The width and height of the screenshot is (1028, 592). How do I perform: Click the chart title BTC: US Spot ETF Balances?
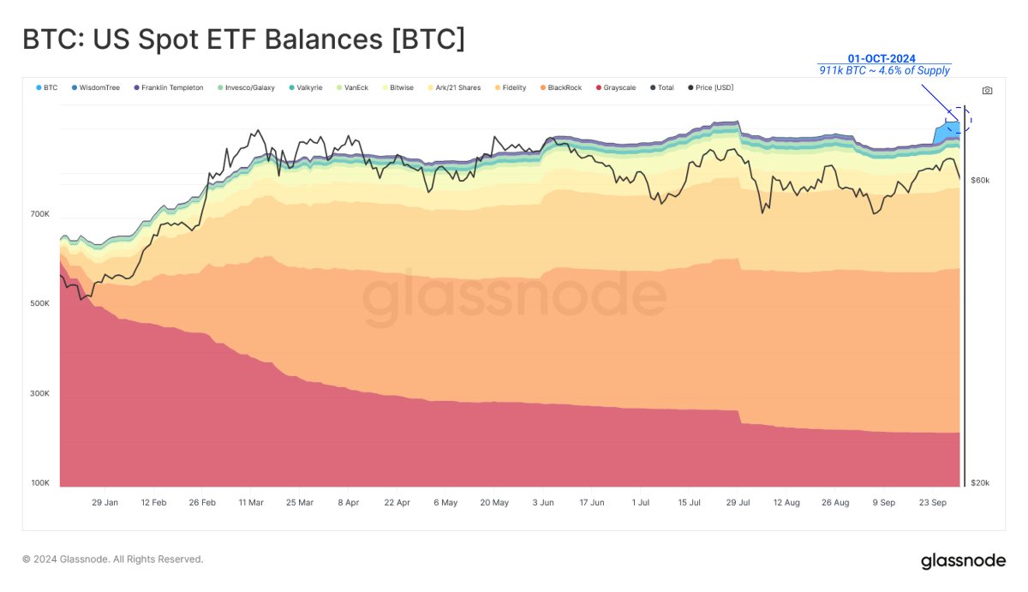click(243, 40)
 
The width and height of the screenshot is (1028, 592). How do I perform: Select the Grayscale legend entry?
click(616, 87)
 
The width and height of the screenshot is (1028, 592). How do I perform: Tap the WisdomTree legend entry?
click(96, 87)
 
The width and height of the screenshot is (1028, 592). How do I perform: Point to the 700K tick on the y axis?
click(40, 214)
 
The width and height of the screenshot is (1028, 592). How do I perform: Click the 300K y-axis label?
click(40, 394)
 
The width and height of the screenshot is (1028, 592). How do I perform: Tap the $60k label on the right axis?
click(980, 180)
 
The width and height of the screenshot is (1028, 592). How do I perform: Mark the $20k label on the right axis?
click(980, 483)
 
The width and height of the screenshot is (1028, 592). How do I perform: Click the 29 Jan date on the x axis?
click(105, 503)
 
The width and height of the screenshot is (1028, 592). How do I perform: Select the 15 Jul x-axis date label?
click(689, 503)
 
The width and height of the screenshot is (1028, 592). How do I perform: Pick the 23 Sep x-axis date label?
click(932, 503)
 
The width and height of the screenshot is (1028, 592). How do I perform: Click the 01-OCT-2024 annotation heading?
click(882, 58)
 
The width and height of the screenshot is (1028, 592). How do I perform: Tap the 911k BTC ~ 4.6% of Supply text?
click(884, 71)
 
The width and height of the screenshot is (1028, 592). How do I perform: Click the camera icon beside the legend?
click(988, 90)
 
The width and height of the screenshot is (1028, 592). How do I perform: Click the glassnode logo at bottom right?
click(963, 561)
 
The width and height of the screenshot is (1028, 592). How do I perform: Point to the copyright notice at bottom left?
click(112, 559)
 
